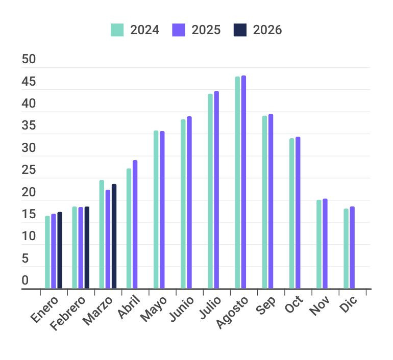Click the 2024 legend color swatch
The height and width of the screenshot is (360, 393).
point(117,30)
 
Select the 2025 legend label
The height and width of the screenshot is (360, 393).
point(206,30)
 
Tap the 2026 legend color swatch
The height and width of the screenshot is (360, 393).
point(240,30)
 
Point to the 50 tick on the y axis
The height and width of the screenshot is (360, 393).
point(29,60)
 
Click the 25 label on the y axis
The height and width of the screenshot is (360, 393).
point(29,170)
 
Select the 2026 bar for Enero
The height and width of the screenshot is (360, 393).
point(60,250)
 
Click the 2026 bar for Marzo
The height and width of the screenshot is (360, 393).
point(114,237)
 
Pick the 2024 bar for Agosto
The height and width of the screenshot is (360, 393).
point(237,183)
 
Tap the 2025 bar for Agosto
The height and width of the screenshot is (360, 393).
point(243,182)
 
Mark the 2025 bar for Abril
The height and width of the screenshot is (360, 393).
point(135,224)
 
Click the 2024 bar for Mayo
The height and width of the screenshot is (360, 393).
point(156,210)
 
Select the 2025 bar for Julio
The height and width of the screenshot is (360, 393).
point(216,190)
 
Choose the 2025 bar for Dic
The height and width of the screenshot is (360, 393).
point(352,247)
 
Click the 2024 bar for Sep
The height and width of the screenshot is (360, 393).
point(264,202)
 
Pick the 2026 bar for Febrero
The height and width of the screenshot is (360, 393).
point(87,247)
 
